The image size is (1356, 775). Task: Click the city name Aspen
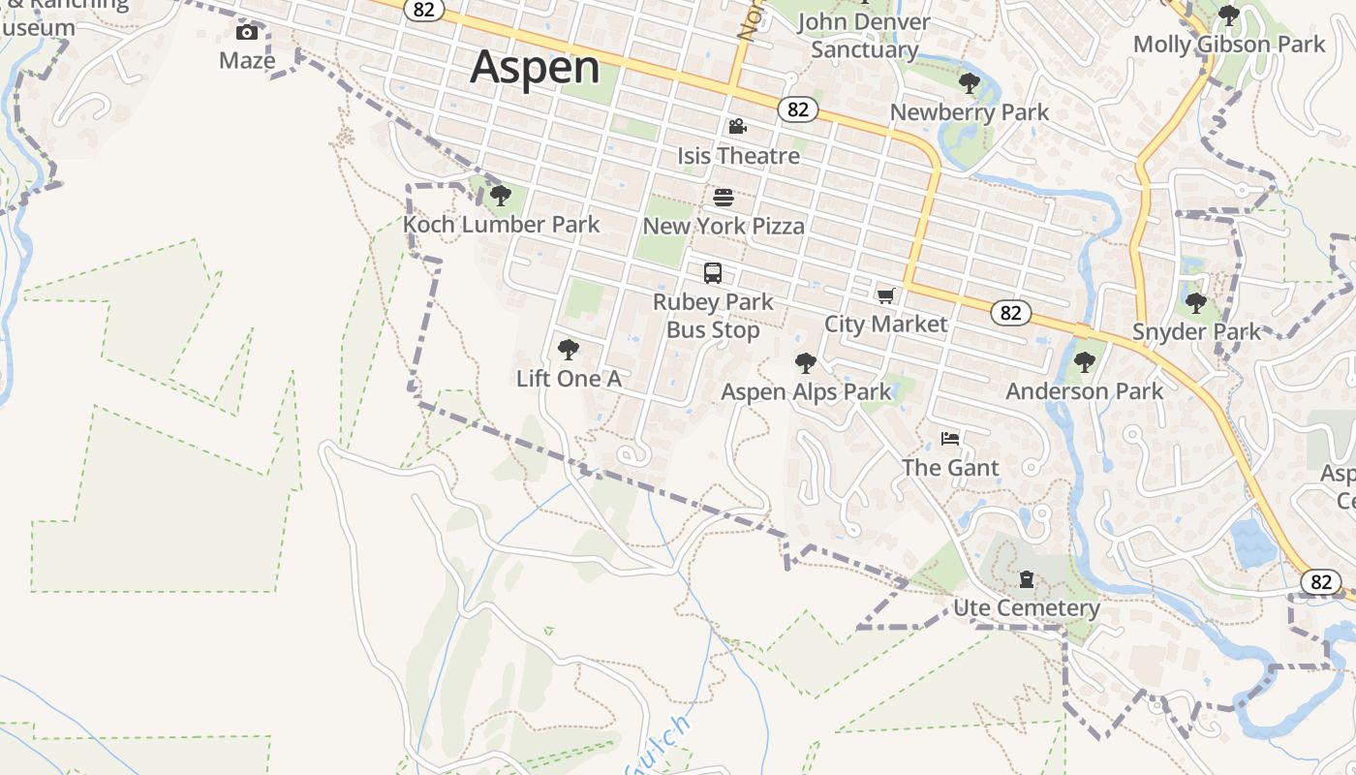point(536,67)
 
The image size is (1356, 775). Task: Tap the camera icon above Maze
point(247,33)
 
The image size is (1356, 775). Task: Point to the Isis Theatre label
point(738,156)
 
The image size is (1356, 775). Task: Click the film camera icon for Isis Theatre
point(738,127)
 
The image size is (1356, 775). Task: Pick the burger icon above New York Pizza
point(724,198)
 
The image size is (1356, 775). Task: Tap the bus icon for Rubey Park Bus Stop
point(713,273)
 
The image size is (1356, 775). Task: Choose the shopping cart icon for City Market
point(885,295)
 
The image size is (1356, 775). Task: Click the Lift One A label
point(569,379)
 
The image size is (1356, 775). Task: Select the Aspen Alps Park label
point(806,392)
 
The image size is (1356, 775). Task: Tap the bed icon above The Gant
point(950,439)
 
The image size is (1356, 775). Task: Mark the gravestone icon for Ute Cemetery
point(1027,580)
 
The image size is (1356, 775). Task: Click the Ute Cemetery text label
point(1027,608)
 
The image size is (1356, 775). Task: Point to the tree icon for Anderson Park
point(1084,363)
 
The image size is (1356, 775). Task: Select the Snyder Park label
point(1197,332)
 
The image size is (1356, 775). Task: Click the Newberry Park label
point(969,112)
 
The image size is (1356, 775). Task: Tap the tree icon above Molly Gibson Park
point(1228,15)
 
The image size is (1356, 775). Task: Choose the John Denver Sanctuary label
point(864,36)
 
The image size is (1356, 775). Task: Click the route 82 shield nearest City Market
point(1010,312)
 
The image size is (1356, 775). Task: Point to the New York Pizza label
point(724,227)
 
